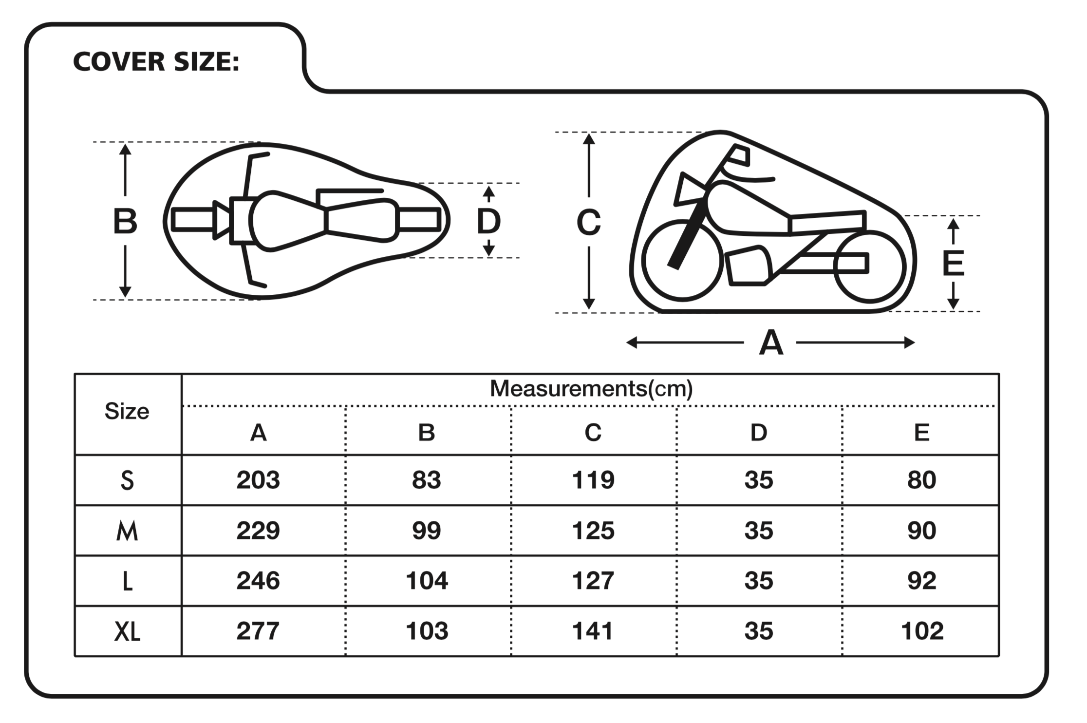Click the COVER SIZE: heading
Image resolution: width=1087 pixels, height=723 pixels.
(156, 62)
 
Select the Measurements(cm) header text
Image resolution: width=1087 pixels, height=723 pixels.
(591, 389)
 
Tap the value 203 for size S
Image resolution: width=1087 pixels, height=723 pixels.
(258, 480)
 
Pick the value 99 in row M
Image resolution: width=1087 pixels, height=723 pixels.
(427, 530)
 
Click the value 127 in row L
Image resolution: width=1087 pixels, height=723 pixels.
(593, 581)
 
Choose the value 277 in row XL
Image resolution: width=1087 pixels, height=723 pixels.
(258, 631)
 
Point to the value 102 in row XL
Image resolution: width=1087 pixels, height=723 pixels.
(922, 631)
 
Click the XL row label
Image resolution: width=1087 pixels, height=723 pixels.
(127, 632)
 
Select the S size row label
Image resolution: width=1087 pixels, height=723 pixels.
(127, 481)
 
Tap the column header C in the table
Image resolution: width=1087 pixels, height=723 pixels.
(593, 432)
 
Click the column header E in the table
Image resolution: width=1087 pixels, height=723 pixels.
(922, 432)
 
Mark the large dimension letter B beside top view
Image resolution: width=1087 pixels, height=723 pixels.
(125, 221)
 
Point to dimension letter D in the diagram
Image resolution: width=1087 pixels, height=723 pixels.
(488, 221)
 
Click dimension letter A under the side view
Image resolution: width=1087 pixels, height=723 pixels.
(771, 342)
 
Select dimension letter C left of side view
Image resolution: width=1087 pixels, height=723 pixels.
(589, 222)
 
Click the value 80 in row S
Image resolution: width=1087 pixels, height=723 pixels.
(922, 480)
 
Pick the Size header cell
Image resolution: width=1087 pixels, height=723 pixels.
(127, 412)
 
